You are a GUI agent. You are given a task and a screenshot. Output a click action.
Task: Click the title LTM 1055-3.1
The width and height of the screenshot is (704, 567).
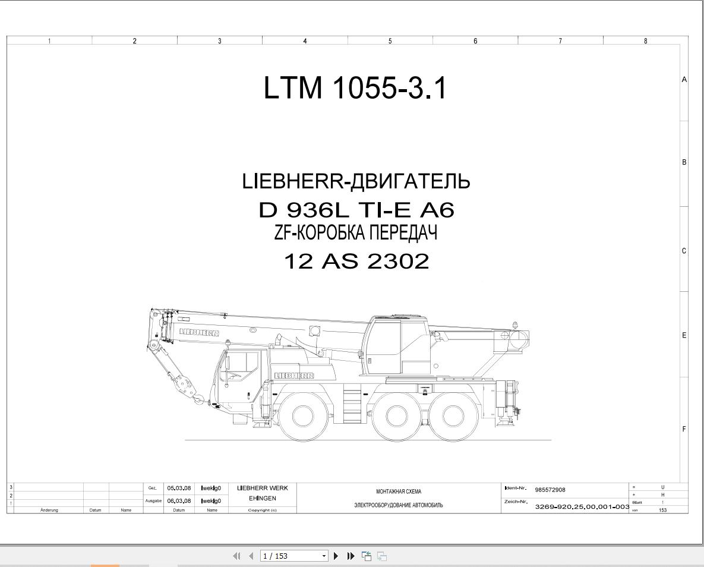click(355, 87)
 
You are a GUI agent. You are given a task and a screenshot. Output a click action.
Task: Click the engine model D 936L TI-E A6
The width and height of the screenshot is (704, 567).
click(356, 210)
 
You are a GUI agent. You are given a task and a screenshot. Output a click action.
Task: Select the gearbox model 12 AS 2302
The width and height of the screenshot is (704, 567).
click(356, 261)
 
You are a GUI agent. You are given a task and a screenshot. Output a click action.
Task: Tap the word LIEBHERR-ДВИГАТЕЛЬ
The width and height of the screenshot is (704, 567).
click(356, 181)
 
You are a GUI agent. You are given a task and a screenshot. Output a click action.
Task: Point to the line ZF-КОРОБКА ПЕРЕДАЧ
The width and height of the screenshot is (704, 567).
click(356, 233)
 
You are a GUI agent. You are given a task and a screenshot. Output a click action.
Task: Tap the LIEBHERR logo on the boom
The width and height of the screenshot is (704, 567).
click(200, 332)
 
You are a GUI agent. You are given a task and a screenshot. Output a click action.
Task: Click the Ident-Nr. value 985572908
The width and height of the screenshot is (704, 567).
click(550, 490)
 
